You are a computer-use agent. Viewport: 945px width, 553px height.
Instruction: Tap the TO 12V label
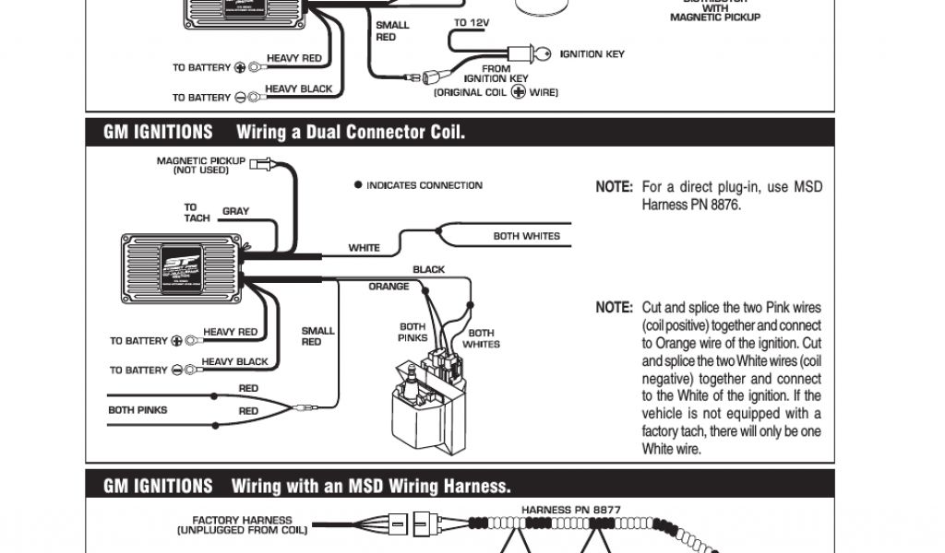pos(473,22)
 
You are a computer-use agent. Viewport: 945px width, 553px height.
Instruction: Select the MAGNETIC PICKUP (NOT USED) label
pos(200,166)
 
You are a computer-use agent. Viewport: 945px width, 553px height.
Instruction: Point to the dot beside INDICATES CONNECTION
pos(358,185)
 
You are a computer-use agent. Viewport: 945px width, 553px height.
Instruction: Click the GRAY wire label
pos(235,211)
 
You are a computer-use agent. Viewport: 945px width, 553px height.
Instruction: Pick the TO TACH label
pos(196,213)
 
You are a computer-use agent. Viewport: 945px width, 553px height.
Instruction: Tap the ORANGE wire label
pos(389,287)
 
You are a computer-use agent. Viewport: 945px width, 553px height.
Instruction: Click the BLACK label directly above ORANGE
pos(428,270)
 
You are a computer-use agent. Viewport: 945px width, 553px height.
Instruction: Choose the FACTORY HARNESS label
pos(243,521)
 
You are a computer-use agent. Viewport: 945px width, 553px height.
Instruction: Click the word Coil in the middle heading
pos(443,133)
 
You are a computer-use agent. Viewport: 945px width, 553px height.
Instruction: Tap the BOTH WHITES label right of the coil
pos(481,338)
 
